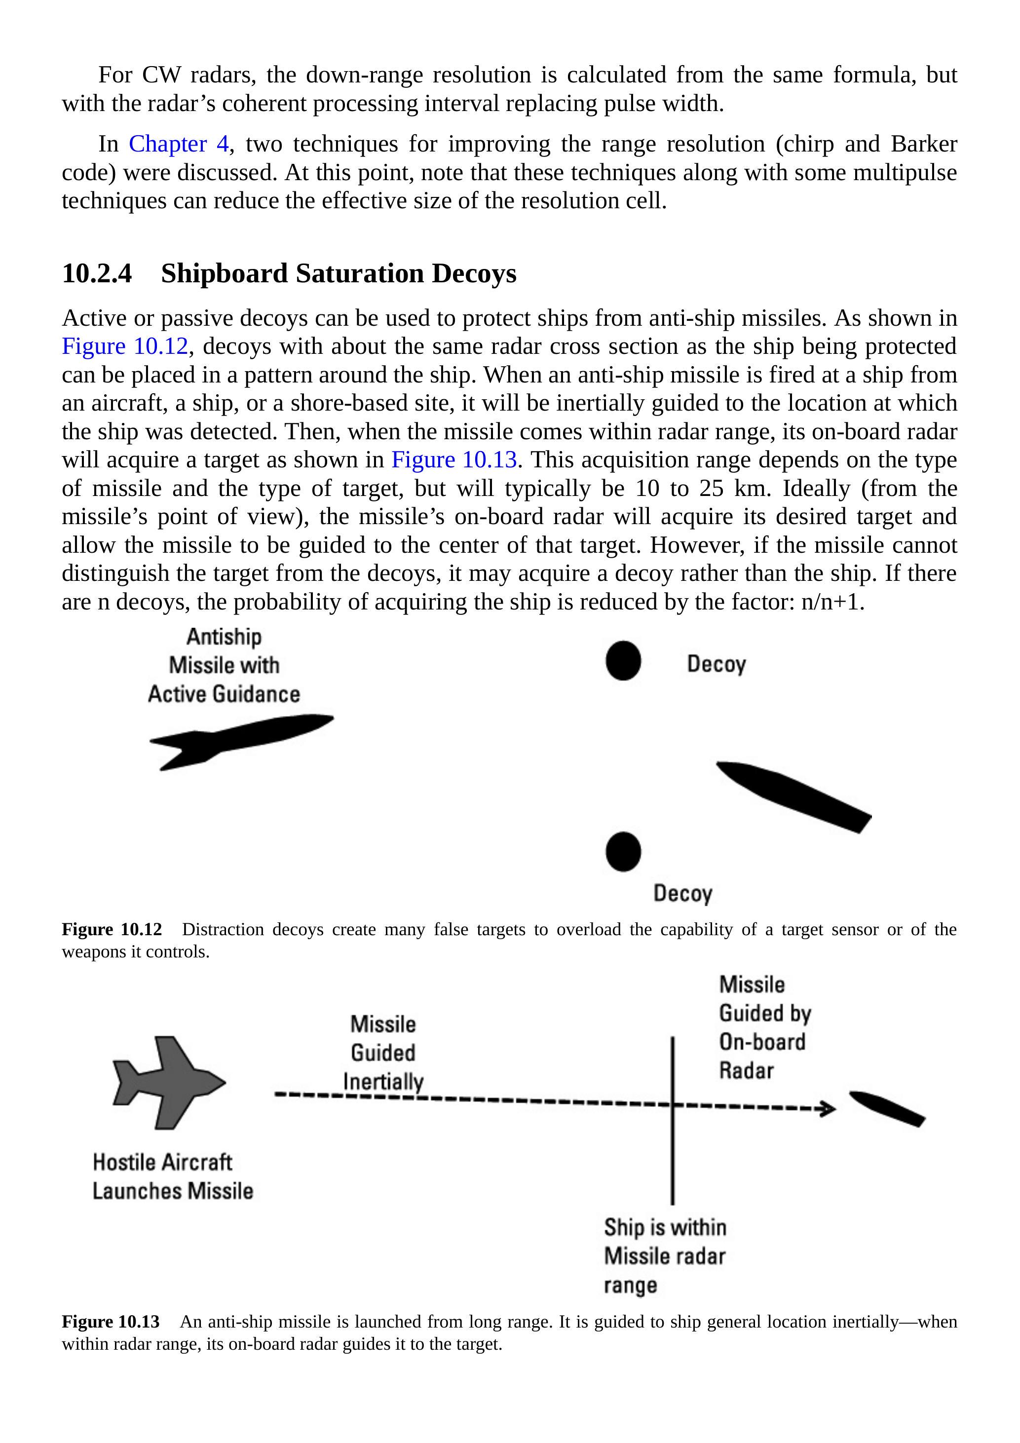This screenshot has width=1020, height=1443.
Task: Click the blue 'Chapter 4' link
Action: coord(179,144)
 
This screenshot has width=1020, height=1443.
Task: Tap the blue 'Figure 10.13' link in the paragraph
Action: coord(454,460)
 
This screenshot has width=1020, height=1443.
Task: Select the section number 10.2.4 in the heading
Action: coord(97,273)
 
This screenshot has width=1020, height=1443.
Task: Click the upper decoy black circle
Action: coord(623,660)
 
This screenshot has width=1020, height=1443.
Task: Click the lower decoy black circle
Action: coord(623,852)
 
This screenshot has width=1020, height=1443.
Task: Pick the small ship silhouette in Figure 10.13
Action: coord(887,1108)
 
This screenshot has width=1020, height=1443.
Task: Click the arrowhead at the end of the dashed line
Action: coord(829,1108)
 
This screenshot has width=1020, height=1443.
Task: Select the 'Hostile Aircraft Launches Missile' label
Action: coord(172,1176)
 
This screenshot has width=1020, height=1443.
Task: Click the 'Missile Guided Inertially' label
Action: coord(383,1053)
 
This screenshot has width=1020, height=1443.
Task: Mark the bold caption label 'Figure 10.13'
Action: coord(111,1322)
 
